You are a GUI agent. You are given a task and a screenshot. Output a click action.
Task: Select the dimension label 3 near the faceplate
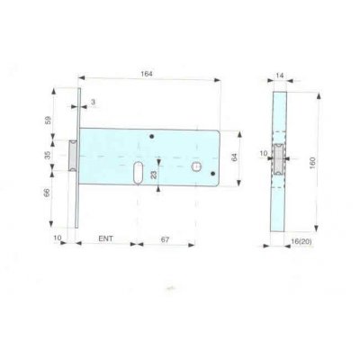(x=94, y=103)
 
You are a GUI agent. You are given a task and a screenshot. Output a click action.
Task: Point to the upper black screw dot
(x=153, y=136)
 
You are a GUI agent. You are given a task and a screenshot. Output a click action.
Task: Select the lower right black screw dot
(x=213, y=176)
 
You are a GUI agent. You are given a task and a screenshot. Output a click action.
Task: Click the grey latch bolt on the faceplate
(x=73, y=154)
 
